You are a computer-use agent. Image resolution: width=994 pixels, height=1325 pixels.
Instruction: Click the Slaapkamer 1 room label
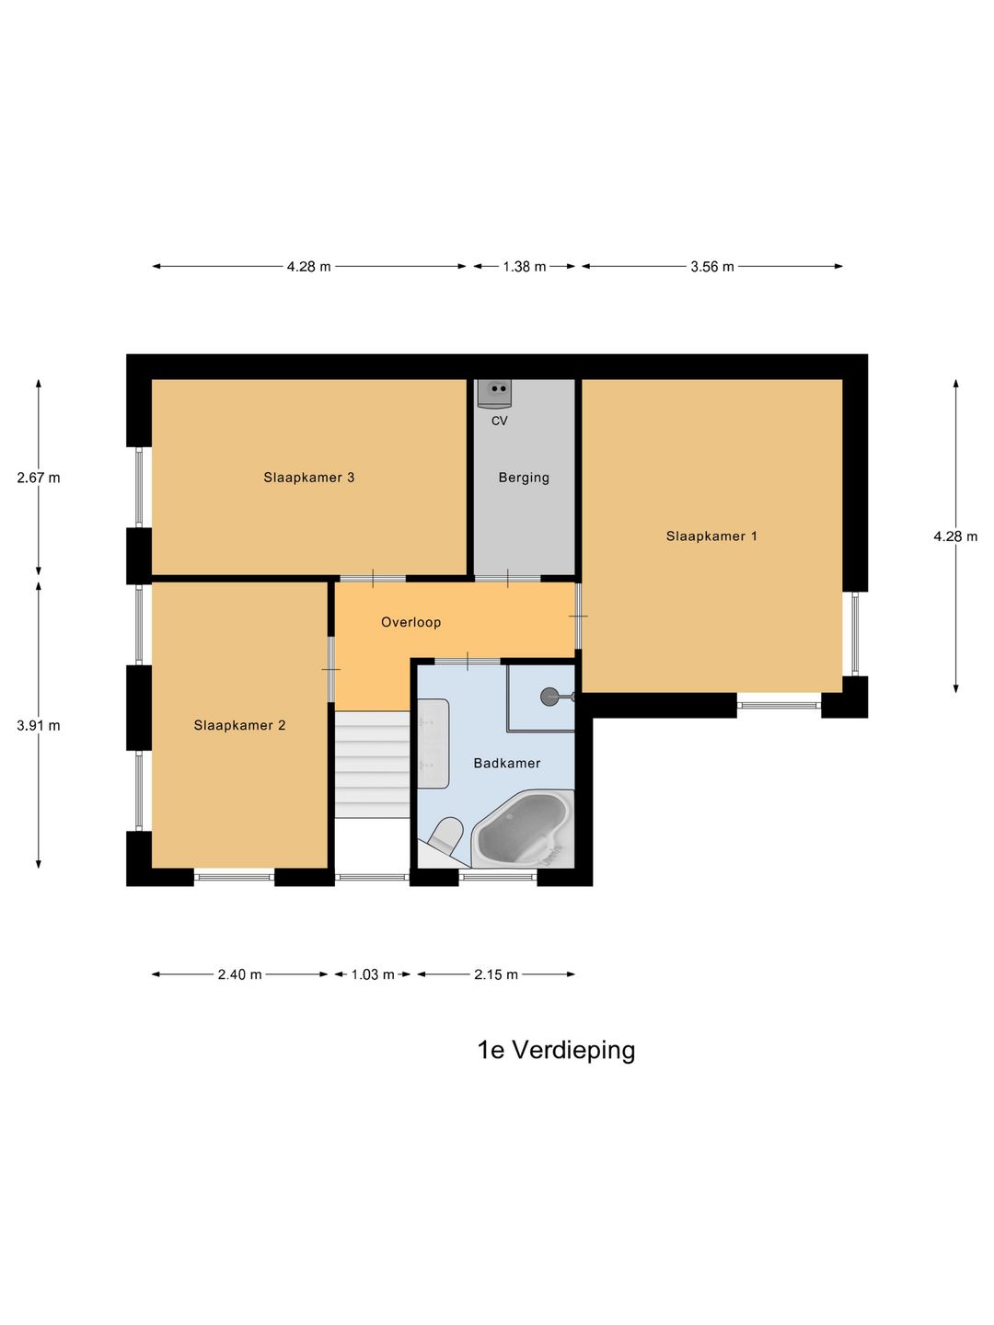[711, 536]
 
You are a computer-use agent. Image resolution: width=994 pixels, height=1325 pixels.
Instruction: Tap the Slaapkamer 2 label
[239, 725]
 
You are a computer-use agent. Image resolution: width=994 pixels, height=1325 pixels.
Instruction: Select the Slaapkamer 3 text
[309, 478]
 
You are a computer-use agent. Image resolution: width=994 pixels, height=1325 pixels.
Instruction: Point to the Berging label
[524, 478]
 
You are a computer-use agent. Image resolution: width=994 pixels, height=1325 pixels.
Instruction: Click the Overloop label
[410, 622]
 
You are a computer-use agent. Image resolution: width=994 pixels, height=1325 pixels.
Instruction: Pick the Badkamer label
[506, 763]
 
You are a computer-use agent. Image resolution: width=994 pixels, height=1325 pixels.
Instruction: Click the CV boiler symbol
[494, 392]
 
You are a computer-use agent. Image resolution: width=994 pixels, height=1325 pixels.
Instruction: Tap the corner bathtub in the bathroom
[521, 829]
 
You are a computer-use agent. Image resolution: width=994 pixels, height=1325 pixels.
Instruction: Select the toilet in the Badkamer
[445, 835]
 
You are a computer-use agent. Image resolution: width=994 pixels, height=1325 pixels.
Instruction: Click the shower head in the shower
[550, 697]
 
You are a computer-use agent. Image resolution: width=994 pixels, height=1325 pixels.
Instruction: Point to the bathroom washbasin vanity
[433, 743]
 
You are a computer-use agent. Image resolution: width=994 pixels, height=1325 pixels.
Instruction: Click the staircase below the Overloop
[372, 764]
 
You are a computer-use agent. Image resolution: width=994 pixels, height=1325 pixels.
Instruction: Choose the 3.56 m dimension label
[712, 267]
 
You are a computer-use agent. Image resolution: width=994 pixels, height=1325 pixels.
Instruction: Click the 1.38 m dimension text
[524, 267]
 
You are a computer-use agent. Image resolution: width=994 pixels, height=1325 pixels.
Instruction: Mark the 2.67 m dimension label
[39, 478]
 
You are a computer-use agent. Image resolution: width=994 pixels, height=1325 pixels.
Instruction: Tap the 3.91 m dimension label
[39, 725]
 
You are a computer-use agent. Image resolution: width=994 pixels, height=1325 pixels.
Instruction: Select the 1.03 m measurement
[373, 974]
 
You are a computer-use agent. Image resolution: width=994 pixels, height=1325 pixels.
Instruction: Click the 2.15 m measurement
[496, 974]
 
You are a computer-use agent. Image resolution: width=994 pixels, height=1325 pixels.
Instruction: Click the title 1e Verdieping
[556, 1050]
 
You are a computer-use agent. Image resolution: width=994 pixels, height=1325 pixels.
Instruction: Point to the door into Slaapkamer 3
[373, 579]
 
